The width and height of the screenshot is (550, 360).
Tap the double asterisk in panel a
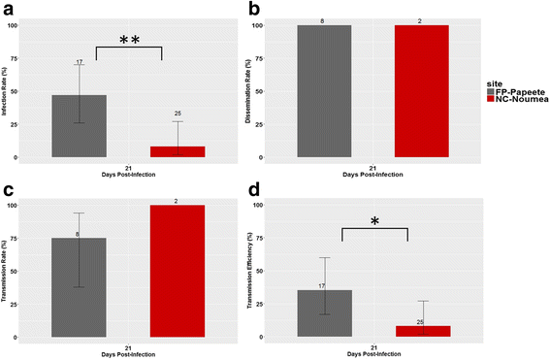pos(128,41)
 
